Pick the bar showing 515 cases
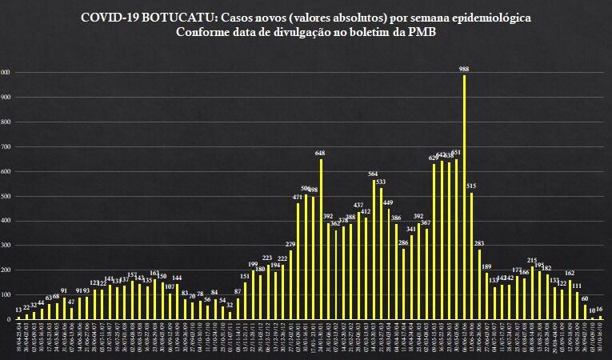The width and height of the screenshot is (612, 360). point(472,255)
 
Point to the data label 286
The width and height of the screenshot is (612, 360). point(403,242)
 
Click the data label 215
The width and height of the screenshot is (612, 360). point(532,260)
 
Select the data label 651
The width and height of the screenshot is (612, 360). point(456,152)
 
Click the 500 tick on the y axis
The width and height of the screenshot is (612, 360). point(5,196)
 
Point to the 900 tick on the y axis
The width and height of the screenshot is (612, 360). point(5,98)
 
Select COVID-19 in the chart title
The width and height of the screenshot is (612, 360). point(108,17)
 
